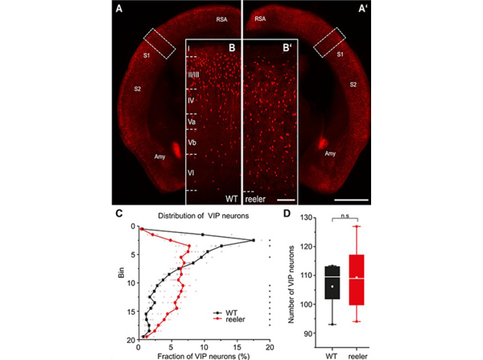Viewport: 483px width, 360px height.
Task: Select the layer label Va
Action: pos(192,121)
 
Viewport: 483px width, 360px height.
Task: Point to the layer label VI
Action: pos(192,172)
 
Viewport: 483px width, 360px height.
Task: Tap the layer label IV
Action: pos(192,101)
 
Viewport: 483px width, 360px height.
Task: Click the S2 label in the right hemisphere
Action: pos(353,83)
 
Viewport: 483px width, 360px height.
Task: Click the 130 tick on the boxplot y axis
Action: pos(305,218)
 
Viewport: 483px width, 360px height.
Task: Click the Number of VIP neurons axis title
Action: pos(289,279)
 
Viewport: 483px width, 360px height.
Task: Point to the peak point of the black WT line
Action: pos(254,240)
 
